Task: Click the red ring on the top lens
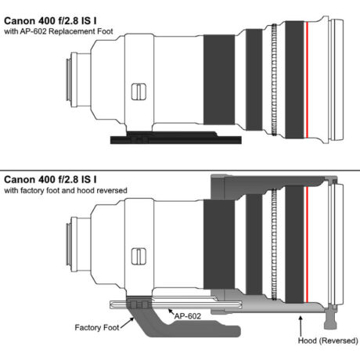(307, 80)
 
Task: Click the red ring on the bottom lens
(307, 244)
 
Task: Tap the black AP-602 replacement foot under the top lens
(176, 138)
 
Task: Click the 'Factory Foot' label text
(97, 327)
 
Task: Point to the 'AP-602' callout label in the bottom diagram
(188, 316)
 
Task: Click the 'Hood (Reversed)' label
(328, 340)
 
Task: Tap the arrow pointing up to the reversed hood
(301, 326)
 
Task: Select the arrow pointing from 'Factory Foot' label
(128, 322)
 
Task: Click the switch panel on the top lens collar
(139, 92)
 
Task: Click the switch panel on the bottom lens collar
(139, 257)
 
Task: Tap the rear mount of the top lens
(72, 80)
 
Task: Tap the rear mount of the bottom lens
(72, 244)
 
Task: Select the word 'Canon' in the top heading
(20, 21)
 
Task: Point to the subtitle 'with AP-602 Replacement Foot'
(59, 31)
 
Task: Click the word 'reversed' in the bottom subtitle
(112, 190)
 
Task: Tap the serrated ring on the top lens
(274, 80)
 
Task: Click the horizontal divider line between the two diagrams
(180, 171)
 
